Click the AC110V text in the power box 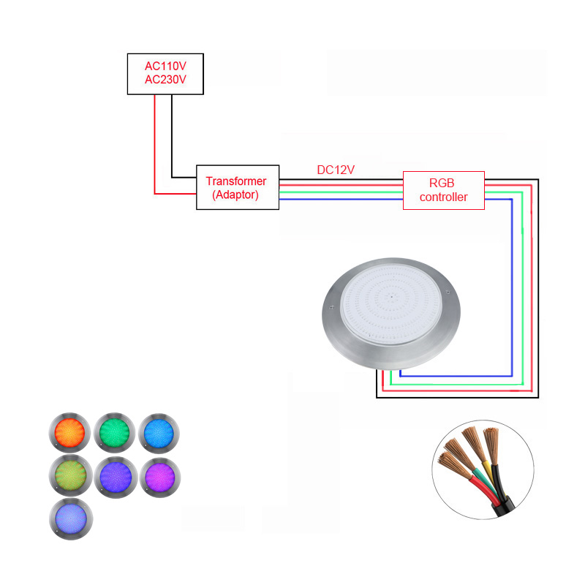[x=165, y=66]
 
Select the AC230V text [x=165, y=80]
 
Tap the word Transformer [x=236, y=181]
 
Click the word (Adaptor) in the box [x=235, y=195]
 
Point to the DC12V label [x=336, y=170]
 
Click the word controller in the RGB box [x=444, y=197]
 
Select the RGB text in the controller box [x=442, y=184]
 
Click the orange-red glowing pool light [x=69, y=433]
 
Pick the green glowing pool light [x=115, y=433]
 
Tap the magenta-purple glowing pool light [x=160, y=478]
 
